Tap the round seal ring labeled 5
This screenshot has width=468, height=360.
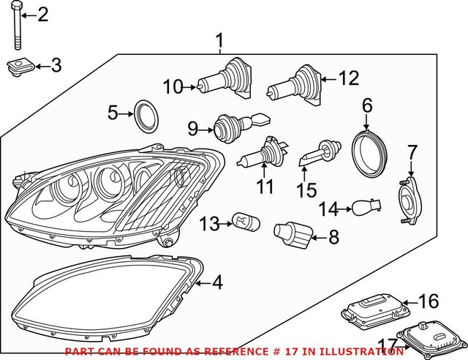144,115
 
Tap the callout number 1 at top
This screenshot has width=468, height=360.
219,40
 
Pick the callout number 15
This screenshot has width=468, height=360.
306,190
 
